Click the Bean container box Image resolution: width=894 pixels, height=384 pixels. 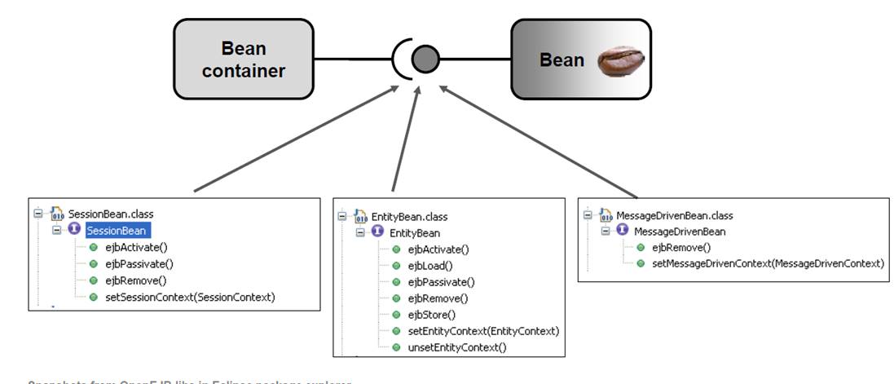tap(243, 60)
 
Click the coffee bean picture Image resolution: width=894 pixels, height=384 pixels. tap(620, 60)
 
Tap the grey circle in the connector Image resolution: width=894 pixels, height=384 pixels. tap(425, 59)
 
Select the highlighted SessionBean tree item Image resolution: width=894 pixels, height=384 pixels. tap(116, 231)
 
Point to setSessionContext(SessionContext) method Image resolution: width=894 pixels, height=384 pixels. tap(190, 297)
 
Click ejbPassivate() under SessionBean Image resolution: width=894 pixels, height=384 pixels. tap(139, 263)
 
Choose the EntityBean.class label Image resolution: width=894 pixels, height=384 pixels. tap(409, 217)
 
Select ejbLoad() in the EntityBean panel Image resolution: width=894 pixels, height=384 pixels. tap(430, 266)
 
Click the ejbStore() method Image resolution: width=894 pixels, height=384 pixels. tap(432, 315)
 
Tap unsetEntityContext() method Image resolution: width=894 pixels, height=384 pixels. tap(456, 347)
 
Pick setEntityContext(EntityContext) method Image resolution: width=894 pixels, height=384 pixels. tap(483, 331)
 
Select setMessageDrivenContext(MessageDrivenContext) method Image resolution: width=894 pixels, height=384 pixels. tap(767, 263)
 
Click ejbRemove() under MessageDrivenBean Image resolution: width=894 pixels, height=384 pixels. tap(681, 248)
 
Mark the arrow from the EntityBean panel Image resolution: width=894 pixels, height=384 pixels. tap(406, 139)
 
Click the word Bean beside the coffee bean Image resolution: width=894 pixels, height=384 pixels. tap(562, 60)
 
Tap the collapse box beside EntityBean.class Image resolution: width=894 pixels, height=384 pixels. tap(342, 217)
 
